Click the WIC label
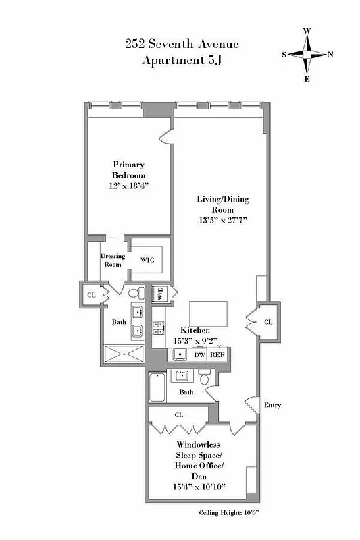147,260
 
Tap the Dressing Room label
112,261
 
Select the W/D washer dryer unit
161,294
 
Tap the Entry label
272,405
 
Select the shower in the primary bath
124,355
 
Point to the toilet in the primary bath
136,293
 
